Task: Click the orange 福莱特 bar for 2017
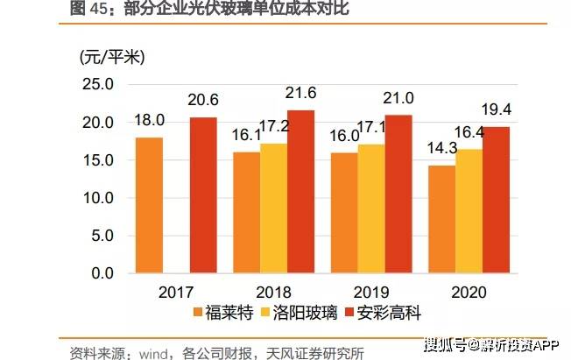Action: pos(149,205)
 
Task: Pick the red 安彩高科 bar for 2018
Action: pos(301,192)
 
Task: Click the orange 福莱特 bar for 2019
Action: pos(344,213)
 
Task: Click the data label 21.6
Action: pos(301,92)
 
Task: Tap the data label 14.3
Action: pos(442,148)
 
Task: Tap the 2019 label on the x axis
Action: pos(371,291)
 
